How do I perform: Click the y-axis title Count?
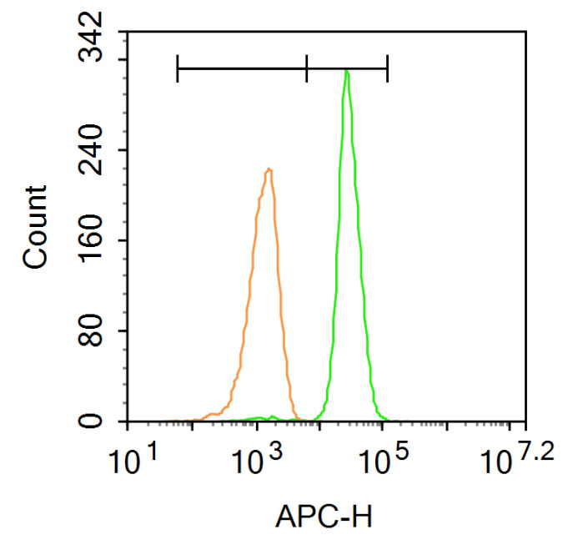35,227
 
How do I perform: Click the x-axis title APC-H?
330,521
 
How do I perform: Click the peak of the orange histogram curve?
269,169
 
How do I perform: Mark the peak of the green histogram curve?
346,72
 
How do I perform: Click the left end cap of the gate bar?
178,68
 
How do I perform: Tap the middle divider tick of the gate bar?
307,68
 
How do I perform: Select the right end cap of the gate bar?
388,68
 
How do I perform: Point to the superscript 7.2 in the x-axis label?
534,452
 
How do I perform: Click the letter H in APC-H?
373,521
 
